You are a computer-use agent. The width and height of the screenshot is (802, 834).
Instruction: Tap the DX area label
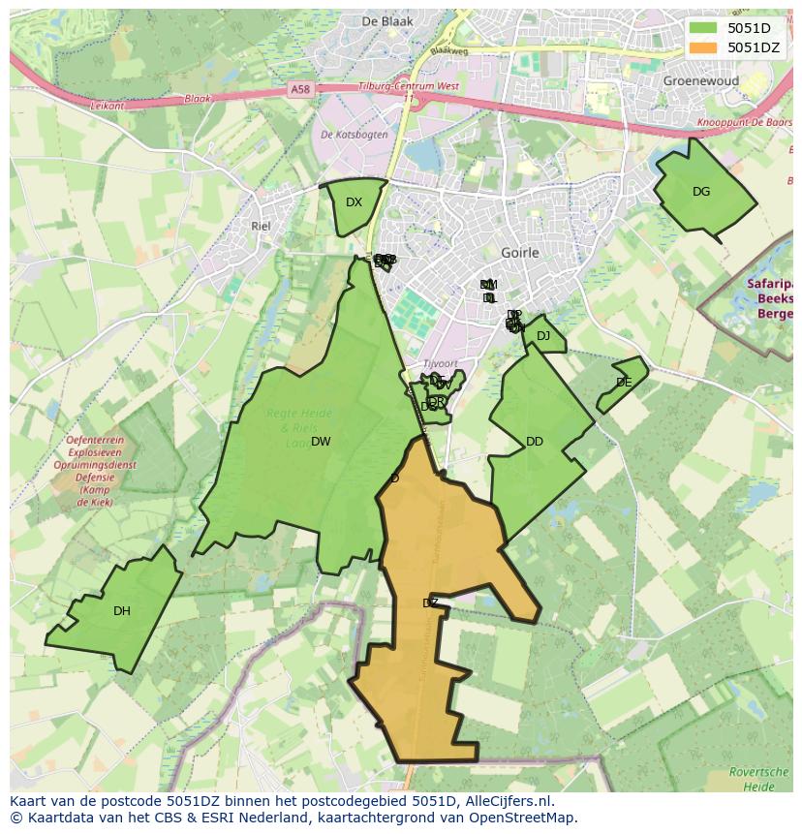point(354,202)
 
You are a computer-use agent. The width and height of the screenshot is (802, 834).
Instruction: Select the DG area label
point(701,192)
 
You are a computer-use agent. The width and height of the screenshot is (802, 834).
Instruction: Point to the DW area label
point(321,442)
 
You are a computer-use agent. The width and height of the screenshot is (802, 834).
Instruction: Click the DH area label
point(121,611)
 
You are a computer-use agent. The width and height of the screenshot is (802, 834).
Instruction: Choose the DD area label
point(535,442)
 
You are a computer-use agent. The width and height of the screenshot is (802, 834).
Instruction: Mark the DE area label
point(624,383)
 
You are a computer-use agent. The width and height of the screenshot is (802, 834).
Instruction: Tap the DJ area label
point(543,336)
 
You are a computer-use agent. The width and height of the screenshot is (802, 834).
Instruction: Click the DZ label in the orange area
point(431,602)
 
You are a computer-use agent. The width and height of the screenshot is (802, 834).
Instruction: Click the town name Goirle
point(520,253)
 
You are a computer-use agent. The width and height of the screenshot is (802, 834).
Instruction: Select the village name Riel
point(260,226)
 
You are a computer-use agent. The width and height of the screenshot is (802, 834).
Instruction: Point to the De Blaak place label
point(387,21)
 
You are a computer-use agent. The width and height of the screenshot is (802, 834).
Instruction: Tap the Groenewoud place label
point(701,81)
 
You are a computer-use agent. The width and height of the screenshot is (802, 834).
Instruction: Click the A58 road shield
point(301,89)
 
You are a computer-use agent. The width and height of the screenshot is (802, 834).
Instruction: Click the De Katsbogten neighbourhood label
point(354,135)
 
